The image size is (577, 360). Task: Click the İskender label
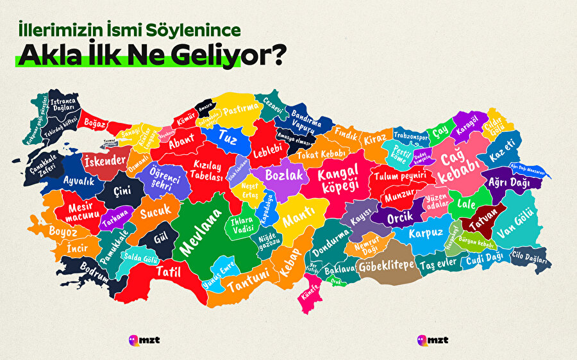click(x=105, y=161)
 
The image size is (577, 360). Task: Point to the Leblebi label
click(x=268, y=146)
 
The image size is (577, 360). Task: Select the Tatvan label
click(x=482, y=224)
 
